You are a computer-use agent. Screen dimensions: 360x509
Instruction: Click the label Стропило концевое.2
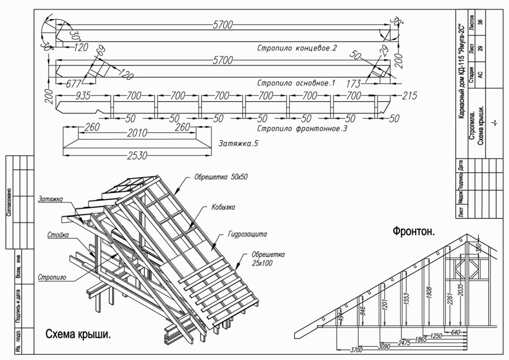click(x=296, y=48)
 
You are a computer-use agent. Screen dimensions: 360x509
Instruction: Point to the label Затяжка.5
click(x=239, y=143)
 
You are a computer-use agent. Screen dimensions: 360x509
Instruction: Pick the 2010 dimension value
click(x=136, y=133)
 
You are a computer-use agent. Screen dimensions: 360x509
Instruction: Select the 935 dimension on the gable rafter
click(x=82, y=96)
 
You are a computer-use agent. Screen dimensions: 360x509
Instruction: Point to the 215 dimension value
click(x=410, y=96)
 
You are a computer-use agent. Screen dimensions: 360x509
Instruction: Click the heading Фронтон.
click(x=413, y=231)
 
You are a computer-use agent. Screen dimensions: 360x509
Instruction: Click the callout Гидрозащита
click(x=247, y=235)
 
